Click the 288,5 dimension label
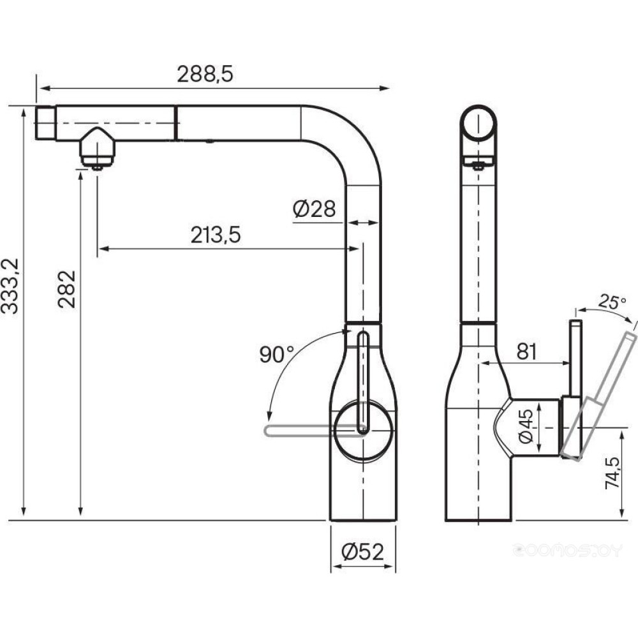point(205,75)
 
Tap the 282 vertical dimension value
point(67,289)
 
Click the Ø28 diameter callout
point(314,209)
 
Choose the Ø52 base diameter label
point(362,553)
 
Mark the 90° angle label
point(277,355)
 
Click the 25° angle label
point(612,302)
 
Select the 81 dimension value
point(525,351)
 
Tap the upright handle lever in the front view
point(362,383)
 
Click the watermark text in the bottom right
point(567,549)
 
